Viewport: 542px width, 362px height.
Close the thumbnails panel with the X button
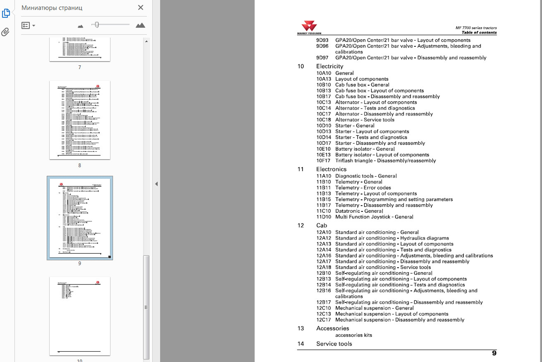140,7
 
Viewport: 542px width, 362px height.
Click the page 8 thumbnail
80,120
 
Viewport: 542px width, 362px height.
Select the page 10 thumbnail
80,316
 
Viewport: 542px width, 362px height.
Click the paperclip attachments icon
6,32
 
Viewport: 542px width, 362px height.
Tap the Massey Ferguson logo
309,27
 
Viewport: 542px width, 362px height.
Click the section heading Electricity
330,66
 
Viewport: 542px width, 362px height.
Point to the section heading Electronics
331,169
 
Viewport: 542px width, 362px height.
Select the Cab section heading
322,226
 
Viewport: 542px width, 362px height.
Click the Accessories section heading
332,329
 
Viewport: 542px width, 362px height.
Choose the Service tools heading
334,344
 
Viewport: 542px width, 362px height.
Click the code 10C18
323,120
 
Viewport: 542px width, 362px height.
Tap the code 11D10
323,217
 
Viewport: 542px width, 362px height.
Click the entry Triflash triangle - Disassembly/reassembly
385,161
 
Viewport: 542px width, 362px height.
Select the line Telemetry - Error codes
363,188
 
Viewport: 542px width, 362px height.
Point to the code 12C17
323,320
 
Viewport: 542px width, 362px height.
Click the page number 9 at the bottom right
494,353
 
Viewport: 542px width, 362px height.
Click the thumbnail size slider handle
97,25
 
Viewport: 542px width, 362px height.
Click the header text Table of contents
479,33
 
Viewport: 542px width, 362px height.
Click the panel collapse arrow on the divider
156,184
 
